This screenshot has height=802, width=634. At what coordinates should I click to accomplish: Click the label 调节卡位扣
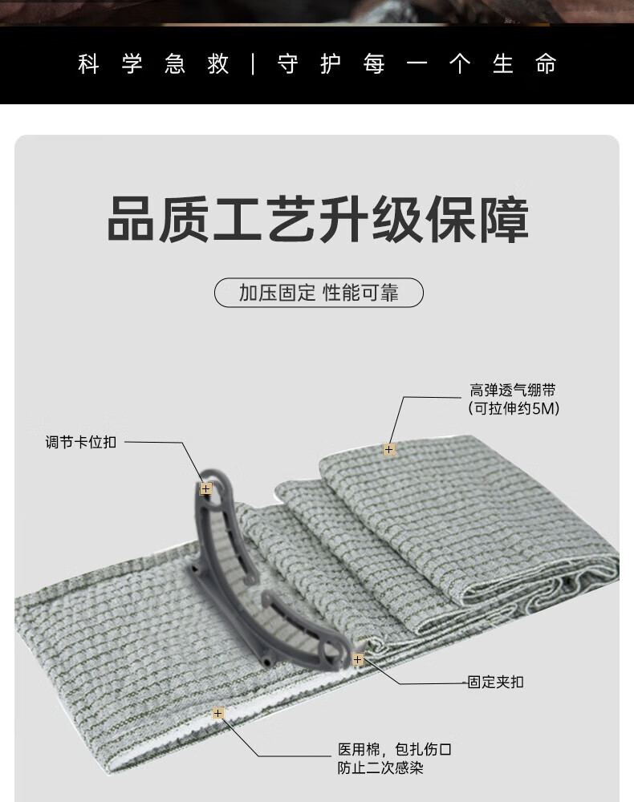(x=80, y=442)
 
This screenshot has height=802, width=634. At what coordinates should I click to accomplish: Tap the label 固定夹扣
(x=495, y=683)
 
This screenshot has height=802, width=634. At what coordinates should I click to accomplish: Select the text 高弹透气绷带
(x=513, y=391)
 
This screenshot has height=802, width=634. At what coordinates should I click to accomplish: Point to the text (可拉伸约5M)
(x=513, y=408)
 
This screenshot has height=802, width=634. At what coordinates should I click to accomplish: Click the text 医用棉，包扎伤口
(x=394, y=751)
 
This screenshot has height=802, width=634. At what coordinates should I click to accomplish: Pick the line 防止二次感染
(x=380, y=768)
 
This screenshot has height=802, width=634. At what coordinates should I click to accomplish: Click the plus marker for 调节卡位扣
(x=205, y=488)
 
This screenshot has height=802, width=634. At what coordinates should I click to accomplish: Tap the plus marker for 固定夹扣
(x=358, y=660)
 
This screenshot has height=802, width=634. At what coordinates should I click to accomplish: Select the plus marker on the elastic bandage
(x=388, y=449)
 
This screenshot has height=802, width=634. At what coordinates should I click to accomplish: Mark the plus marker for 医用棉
(x=217, y=713)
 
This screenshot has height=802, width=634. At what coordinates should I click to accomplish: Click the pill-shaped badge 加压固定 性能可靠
(x=319, y=293)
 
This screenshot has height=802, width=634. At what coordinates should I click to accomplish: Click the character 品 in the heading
(x=132, y=220)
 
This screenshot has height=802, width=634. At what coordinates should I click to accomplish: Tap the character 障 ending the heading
(x=502, y=220)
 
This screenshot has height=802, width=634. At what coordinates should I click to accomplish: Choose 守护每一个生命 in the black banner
(x=417, y=64)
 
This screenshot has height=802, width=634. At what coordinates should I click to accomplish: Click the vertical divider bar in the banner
(x=254, y=64)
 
